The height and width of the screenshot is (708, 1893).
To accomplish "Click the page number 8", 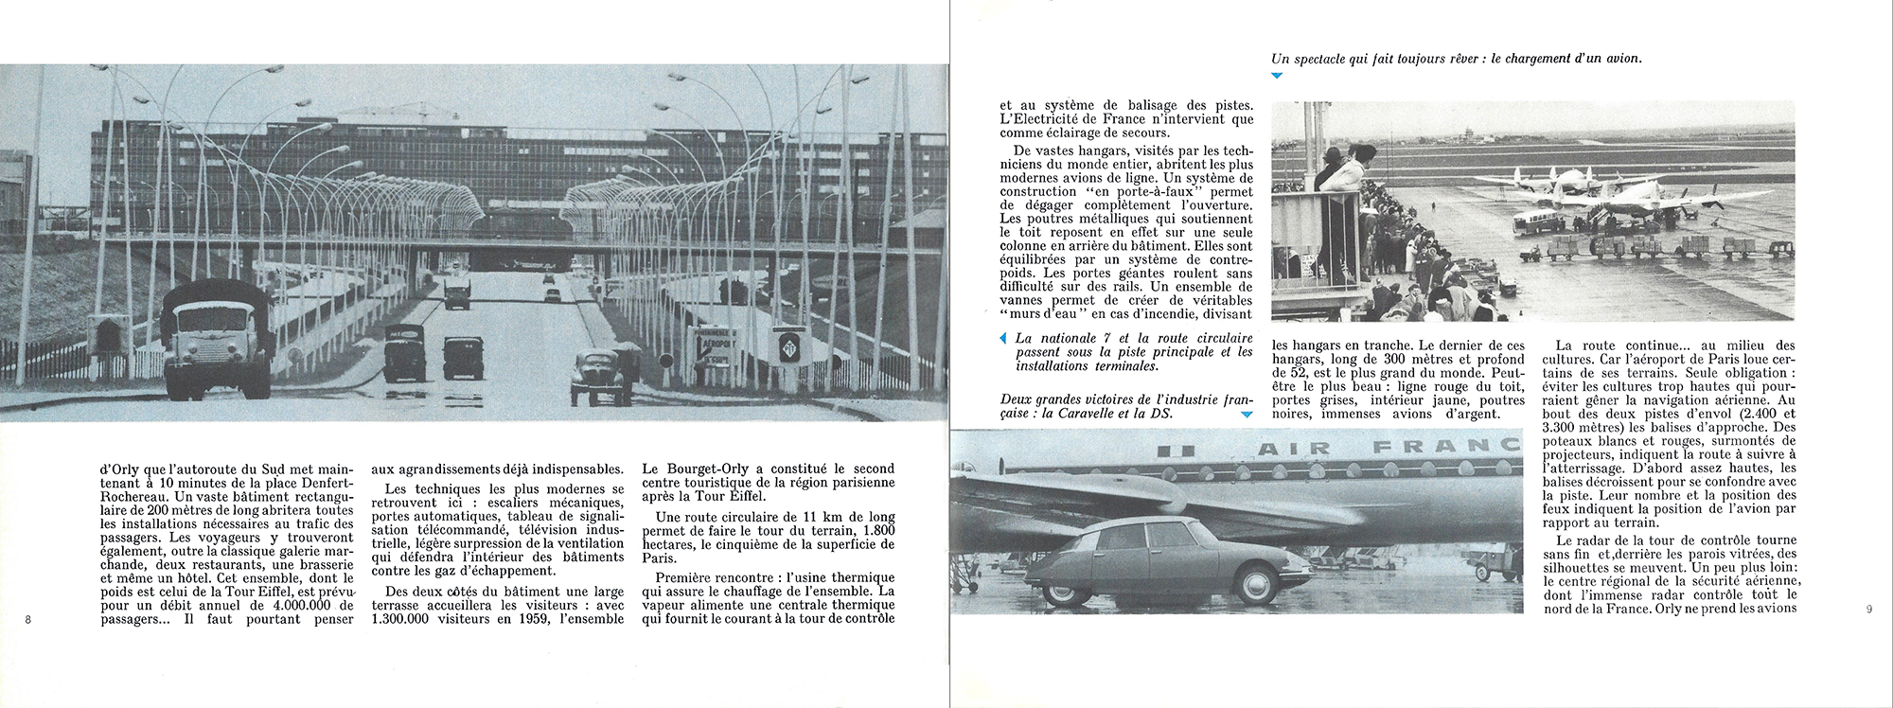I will pos(28,620).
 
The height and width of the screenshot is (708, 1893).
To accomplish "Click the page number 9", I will pos(1868,610).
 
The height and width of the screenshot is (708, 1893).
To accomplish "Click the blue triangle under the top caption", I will pos(1277,75).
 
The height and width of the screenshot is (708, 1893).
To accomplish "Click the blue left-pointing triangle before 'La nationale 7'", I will pos(1004,339).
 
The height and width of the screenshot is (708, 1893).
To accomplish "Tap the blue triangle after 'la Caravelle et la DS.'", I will pos(1247,415).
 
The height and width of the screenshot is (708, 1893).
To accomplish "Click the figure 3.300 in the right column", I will pos(1563,427).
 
